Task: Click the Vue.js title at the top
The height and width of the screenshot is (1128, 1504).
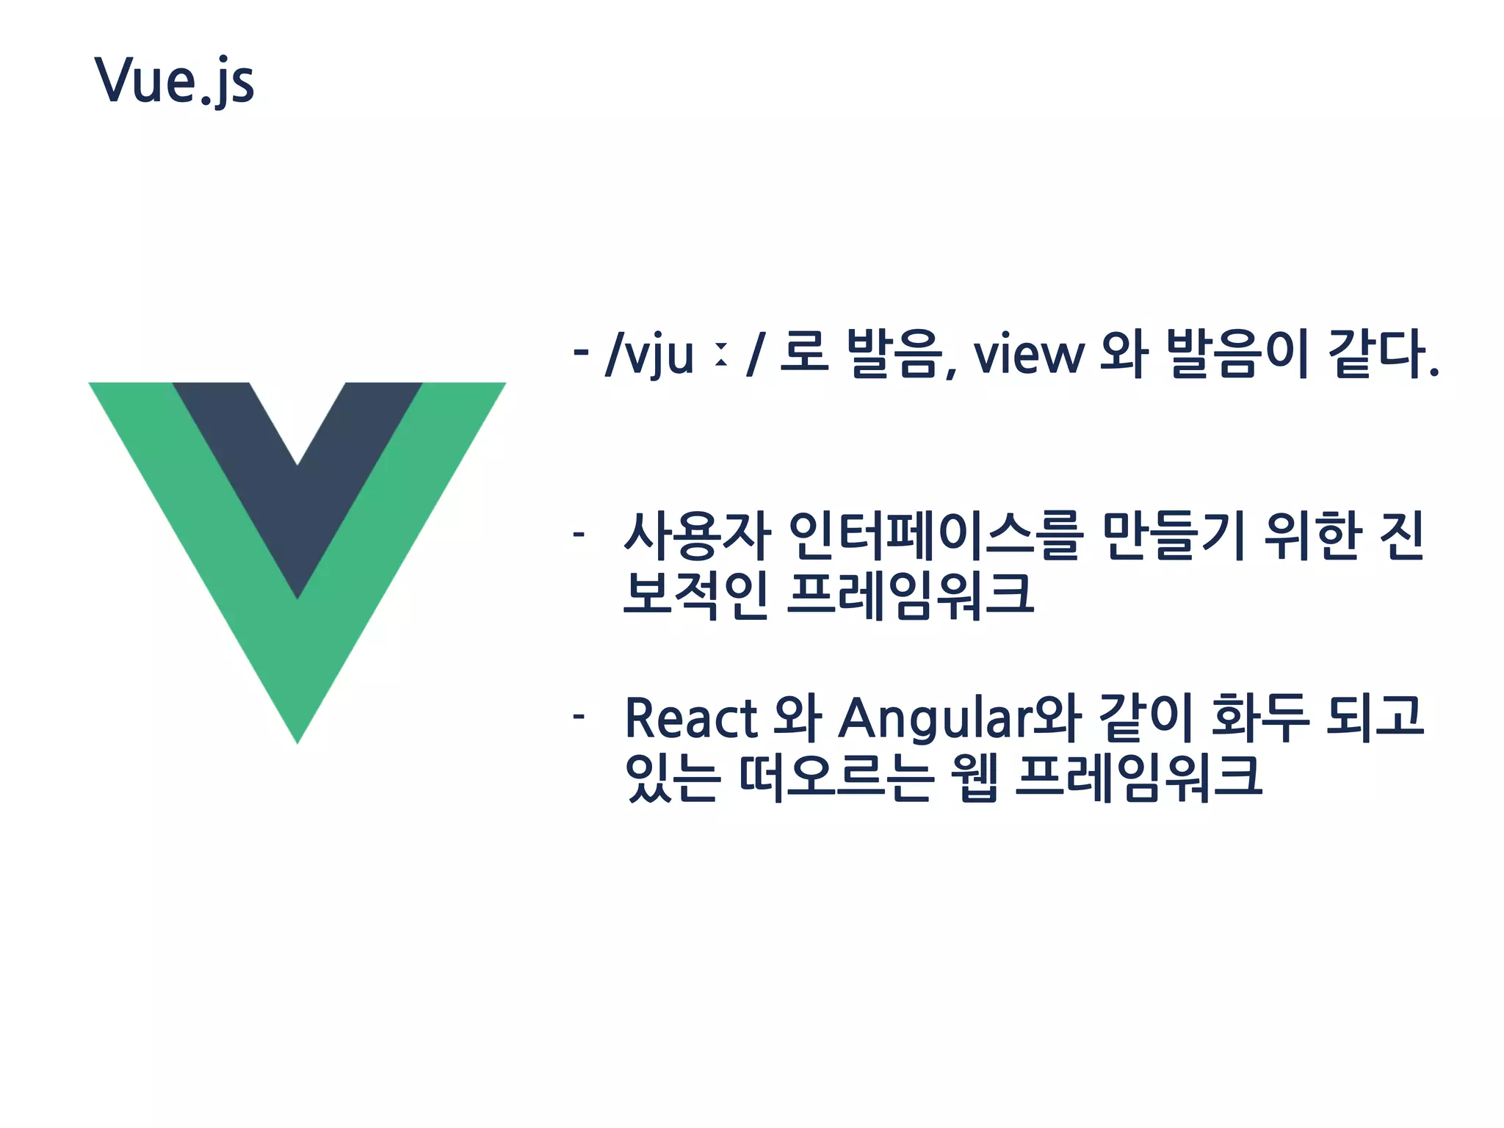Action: click(x=175, y=81)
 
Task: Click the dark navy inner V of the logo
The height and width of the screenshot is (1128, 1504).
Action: click(x=297, y=514)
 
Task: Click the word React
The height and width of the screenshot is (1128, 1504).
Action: click(x=691, y=718)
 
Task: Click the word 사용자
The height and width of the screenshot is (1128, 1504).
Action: click(x=697, y=536)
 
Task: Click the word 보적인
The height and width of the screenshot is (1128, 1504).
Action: click(x=695, y=595)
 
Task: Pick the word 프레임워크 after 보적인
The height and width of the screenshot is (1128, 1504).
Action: click(x=911, y=595)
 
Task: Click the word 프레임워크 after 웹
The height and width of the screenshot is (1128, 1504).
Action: click(x=1138, y=777)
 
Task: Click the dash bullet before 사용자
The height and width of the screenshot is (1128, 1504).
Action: click(x=579, y=534)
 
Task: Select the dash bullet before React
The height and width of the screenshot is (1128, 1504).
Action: click(x=579, y=716)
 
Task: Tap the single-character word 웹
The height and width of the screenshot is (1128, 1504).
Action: click(x=975, y=777)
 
